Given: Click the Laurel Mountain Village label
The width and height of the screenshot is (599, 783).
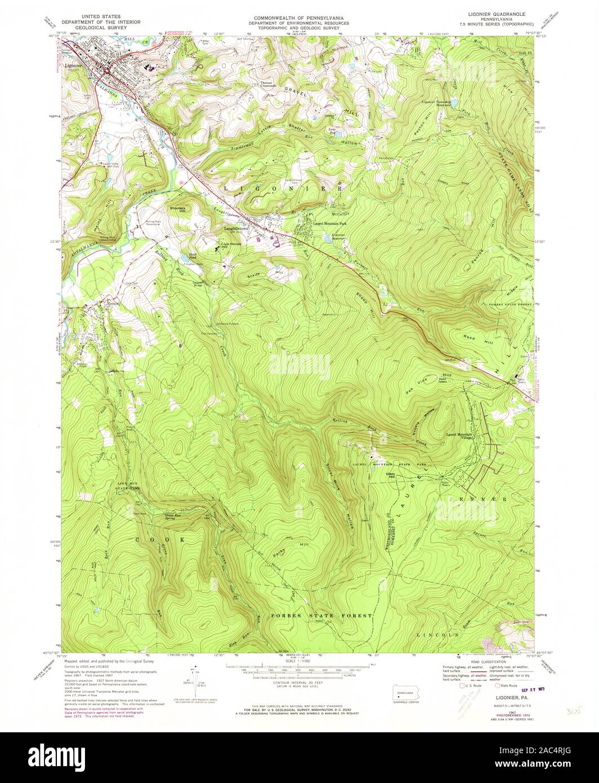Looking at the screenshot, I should pyautogui.click(x=461, y=437).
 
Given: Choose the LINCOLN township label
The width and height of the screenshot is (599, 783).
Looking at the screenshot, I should pyautogui.click(x=437, y=635).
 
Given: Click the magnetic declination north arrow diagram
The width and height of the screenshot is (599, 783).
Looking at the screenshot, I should pyautogui.click(x=196, y=680).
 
